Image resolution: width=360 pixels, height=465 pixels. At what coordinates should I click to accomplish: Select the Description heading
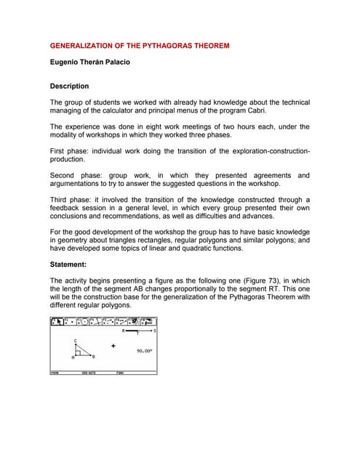point(69,86)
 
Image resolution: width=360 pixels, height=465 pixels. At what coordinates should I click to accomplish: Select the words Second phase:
point(77,175)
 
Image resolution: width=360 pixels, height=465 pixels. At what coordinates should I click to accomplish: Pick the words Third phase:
point(74,200)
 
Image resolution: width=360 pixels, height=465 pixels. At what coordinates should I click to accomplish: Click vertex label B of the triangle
point(93,357)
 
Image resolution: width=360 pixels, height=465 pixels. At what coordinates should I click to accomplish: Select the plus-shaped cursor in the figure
point(113,346)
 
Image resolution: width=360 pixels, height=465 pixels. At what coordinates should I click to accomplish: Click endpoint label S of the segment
point(155,331)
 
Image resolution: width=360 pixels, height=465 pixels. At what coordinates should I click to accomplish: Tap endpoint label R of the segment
point(124,331)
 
